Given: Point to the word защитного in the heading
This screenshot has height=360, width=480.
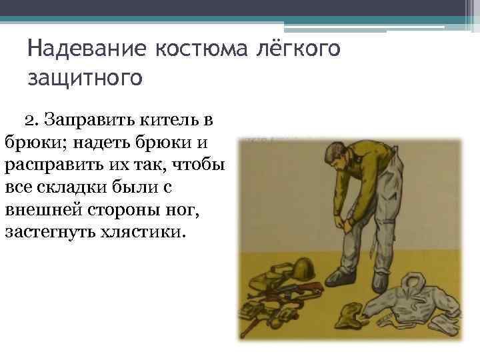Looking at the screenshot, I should click(85, 78).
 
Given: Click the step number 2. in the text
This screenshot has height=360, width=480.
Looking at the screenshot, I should click(31, 121).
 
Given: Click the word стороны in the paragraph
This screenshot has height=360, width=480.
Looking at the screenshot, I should click(127, 210).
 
